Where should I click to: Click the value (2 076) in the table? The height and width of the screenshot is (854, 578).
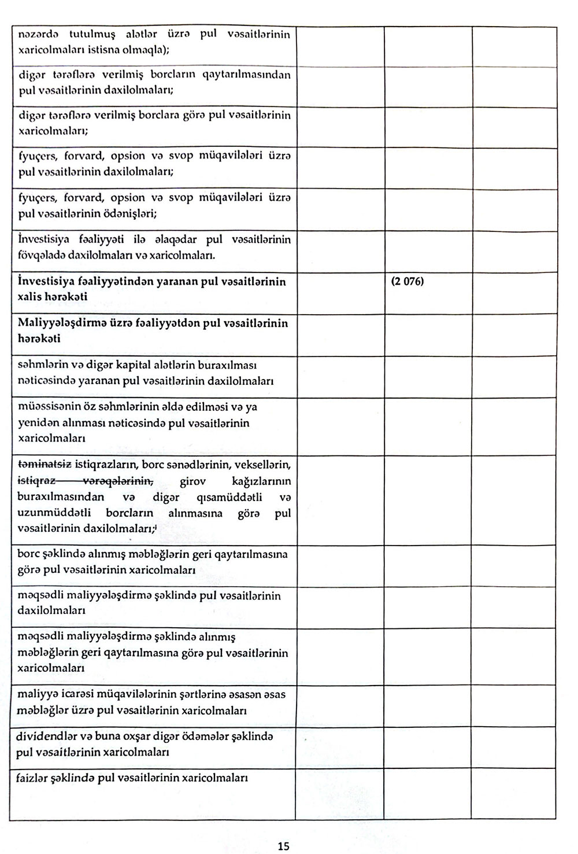407,284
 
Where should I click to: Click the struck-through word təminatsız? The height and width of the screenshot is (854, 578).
45,465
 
